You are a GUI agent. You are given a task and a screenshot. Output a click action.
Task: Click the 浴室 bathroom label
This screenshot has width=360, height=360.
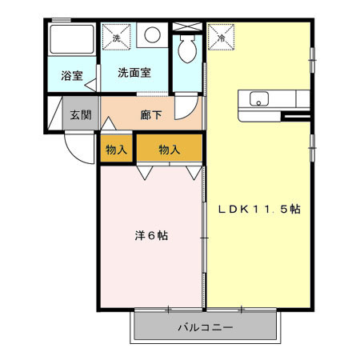coord(71,76)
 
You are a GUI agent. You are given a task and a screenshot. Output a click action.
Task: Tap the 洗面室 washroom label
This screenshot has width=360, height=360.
coord(134,73)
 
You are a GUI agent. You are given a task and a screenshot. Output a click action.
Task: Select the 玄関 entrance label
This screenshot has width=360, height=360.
coord(79,114)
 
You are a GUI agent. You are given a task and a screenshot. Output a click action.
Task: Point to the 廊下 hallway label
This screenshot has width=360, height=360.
coord(151,114)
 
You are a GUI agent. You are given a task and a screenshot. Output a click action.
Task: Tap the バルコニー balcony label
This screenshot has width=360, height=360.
coord(205,328)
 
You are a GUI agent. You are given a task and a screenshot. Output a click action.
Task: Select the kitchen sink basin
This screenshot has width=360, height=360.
coord(260,100)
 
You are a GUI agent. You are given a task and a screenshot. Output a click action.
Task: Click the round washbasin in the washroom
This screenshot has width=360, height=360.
coord(153,36)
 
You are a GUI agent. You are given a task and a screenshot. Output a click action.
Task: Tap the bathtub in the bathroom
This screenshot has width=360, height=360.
coord(70,42)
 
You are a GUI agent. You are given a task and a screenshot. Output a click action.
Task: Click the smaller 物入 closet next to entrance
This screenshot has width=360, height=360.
coord(115,149)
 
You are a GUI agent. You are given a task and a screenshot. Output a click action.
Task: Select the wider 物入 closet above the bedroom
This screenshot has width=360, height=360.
coord(168,149)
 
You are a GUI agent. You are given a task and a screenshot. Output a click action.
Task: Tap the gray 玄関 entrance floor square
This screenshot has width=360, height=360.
coord(79,114)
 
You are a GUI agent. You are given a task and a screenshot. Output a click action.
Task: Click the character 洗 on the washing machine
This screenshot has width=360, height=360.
coord(117,38)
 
